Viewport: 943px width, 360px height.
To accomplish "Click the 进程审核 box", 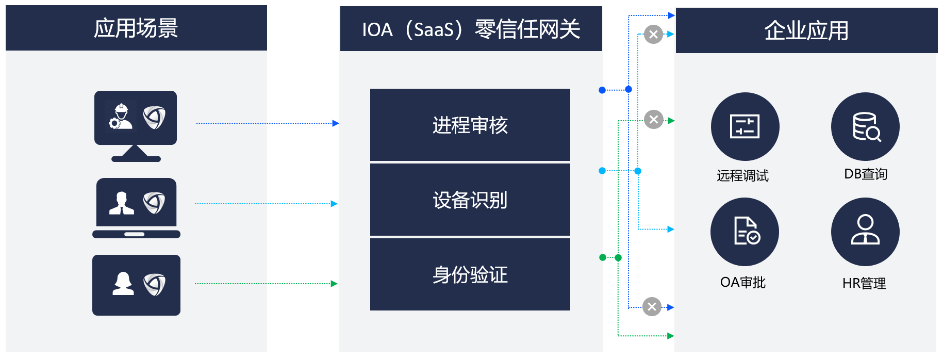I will point(470,125).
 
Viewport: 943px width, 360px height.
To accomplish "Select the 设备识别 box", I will point(470,200).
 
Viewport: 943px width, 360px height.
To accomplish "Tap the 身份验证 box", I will point(470,274).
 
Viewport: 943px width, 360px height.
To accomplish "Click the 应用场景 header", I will point(136,28).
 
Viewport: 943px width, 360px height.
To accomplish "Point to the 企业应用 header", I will point(806,30).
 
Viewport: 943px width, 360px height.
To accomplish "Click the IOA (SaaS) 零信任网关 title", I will point(471,29).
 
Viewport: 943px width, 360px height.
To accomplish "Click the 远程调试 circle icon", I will point(745,126).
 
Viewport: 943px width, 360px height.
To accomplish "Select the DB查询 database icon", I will point(865,126).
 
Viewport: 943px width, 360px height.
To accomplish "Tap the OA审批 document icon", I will point(745,232).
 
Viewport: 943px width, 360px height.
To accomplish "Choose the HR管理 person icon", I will point(865,232).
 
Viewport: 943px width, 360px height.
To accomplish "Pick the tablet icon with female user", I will point(136,285).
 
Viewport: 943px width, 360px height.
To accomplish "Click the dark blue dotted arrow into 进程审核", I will point(267,123).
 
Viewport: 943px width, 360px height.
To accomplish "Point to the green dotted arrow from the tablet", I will point(266,284).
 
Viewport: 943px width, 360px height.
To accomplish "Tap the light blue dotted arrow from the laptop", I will point(266,204).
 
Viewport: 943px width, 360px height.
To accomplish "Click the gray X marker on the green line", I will point(654,120).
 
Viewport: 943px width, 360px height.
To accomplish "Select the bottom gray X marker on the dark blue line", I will point(652,307).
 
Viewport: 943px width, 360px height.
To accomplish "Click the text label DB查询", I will point(865,174).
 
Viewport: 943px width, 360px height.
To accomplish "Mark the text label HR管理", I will point(864,283).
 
